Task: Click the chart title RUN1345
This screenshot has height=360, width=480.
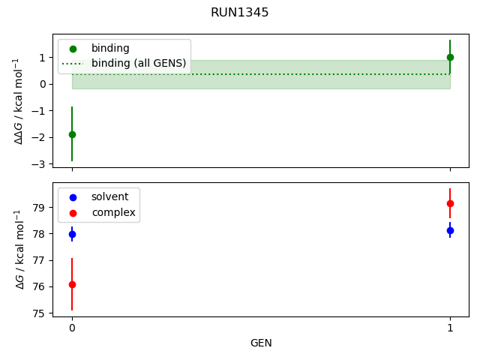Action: click(240, 13)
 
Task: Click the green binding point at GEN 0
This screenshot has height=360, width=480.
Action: click(72, 134)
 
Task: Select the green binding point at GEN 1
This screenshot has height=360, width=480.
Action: click(450, 57)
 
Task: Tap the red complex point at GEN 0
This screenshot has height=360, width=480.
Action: click(72, 284)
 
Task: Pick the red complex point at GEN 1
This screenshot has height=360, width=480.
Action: click(450, 203)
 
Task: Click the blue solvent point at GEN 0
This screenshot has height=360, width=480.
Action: click(72, 234)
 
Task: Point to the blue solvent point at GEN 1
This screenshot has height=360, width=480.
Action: click(450, 230)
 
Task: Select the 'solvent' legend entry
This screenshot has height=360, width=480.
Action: click(109, 196)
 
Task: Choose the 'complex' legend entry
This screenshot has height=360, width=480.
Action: click(113, 212)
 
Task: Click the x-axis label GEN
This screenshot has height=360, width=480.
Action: click(261, 343)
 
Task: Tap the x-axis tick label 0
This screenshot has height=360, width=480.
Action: click(72, 328)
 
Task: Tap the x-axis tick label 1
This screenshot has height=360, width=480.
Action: click(450, 328)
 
